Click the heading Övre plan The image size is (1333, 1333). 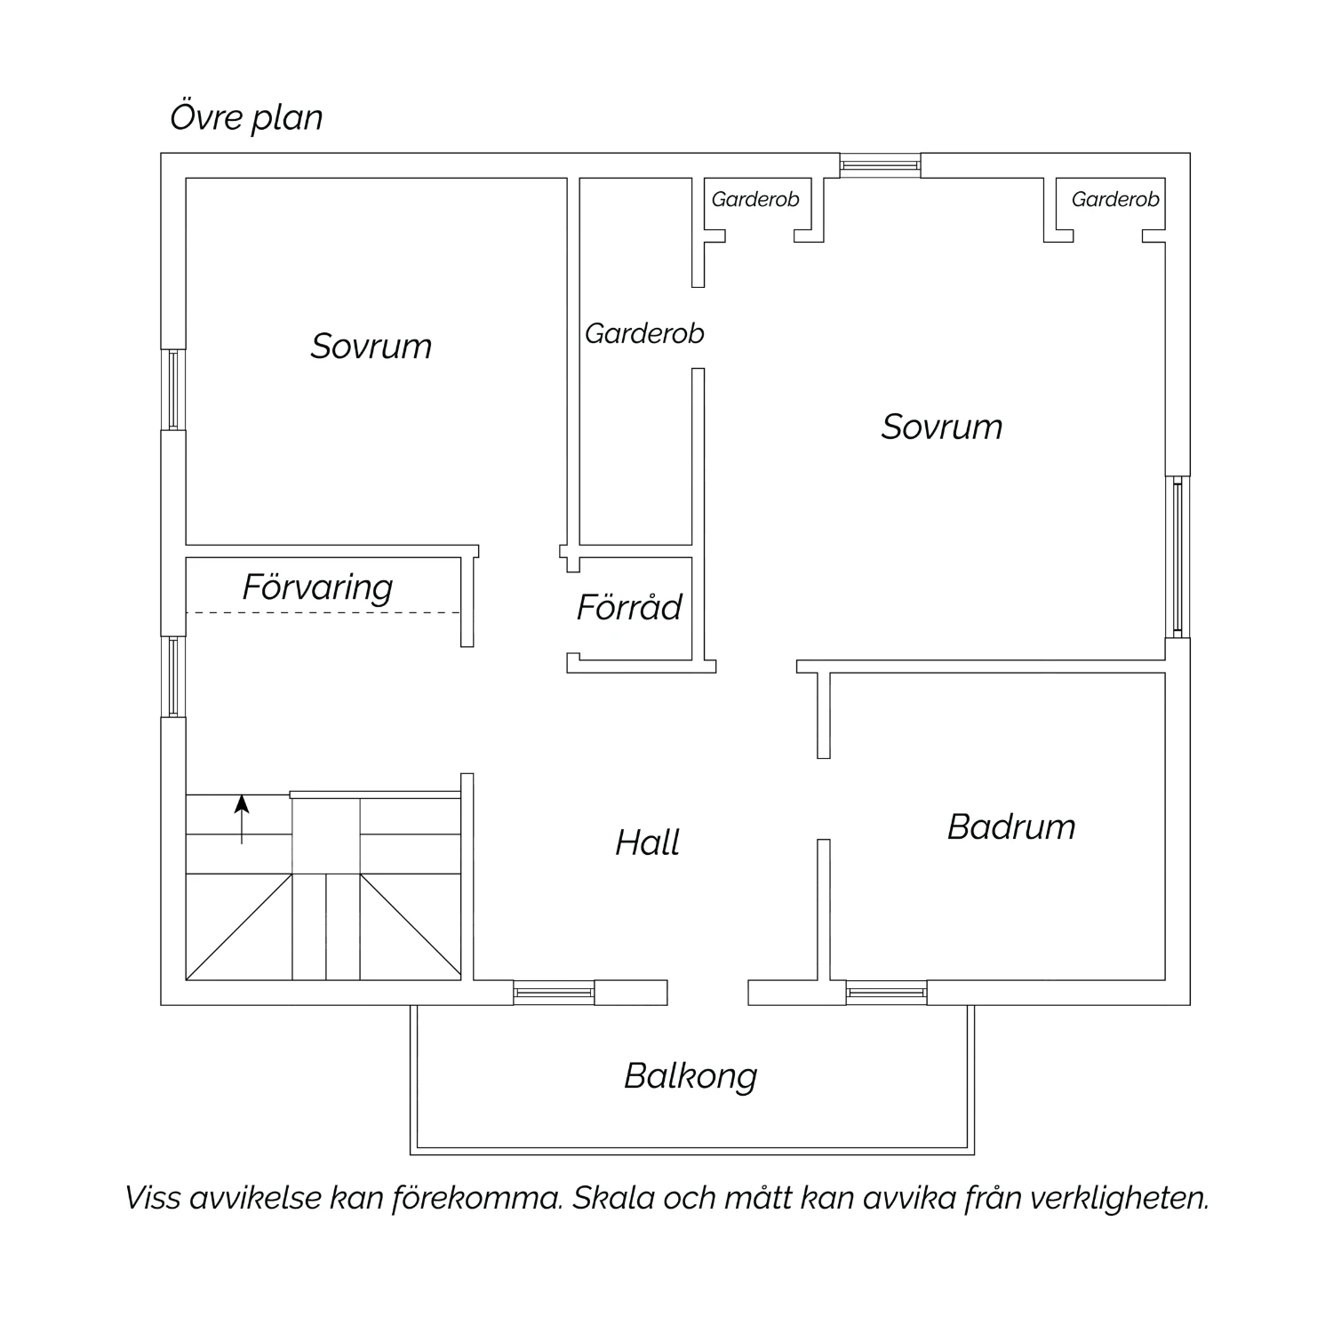246,117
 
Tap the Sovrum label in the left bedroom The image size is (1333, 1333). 371,346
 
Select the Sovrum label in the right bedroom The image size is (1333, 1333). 942,427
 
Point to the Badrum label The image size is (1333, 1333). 1011,826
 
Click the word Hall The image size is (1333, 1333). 648,842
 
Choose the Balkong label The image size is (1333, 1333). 690,1076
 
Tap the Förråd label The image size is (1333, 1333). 629,607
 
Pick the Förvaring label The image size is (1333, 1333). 317,587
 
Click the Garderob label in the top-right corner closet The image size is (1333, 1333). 1115,199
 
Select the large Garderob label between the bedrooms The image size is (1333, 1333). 644,333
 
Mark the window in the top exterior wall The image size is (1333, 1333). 881,165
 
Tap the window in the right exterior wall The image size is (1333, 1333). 1178,557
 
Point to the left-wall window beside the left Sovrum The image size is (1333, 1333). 173,389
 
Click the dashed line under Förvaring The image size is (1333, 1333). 323,613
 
